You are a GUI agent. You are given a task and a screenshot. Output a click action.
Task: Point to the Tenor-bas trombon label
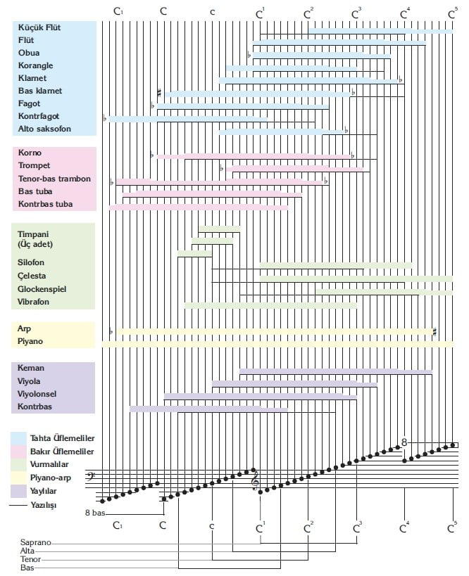54,179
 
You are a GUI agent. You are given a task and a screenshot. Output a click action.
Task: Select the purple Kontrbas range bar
208,409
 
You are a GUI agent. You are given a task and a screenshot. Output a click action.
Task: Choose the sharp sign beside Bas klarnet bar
160,92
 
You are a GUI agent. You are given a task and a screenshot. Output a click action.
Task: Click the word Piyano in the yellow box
32,341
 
